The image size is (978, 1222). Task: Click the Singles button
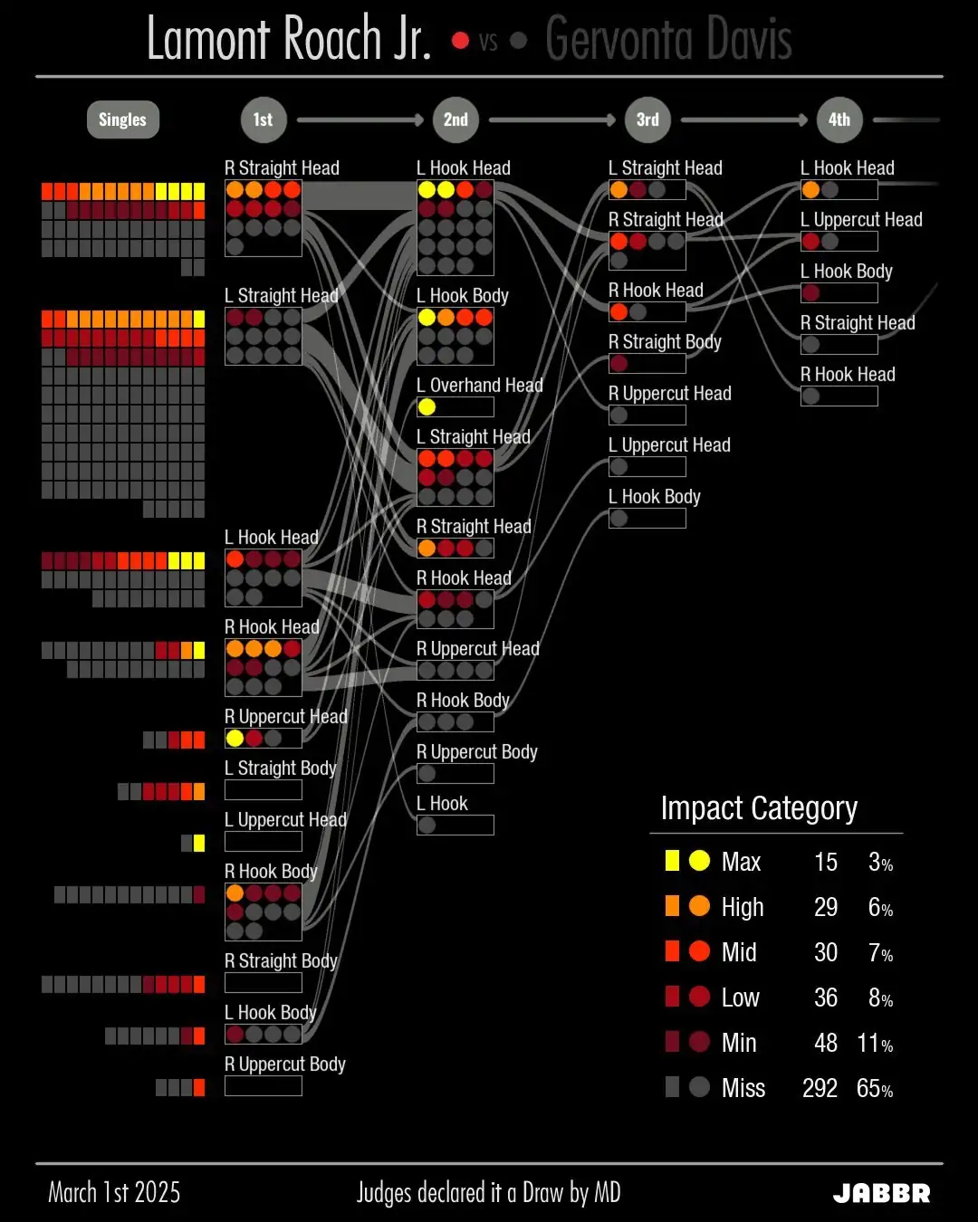(x=122, y=119)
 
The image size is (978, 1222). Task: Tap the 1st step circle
(x=263, y=119)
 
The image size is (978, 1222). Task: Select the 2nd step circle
(x=455, y=119)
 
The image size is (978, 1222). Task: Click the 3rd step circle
(x=647, y=119)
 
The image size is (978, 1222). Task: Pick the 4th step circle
(x=839, y=119)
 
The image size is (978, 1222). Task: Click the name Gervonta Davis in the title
(x=668, y=40)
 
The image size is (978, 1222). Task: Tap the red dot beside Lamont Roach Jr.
(x=460, y=41)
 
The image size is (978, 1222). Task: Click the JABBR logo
(x=881, y=1193)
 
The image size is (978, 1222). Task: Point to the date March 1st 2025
(x=114, y=1193)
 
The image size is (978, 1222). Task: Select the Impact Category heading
(x=759, y=807)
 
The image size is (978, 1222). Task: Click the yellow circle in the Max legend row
(x=699, y=861)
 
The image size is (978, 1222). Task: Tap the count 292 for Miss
(x=820, y=1088)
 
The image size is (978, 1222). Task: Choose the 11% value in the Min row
(x=875, y=1043)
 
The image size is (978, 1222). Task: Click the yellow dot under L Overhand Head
(x=427, y=407)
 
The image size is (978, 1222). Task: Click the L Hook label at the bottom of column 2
(x=442, y=804)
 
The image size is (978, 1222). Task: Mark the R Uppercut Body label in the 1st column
(x=285, y=1064)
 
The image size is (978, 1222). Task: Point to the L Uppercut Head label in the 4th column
(x=861, y=220)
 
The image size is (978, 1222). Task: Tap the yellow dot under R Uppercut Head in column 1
(x=235, y=739)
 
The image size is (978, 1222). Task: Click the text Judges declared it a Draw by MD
(x=489, y=1193)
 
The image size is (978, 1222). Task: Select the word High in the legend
(x=743, y=907)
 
